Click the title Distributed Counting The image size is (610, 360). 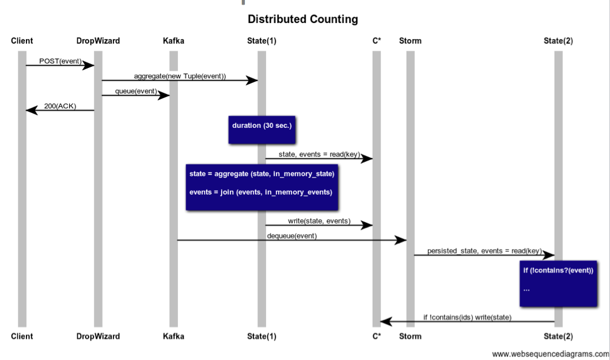(302, 20)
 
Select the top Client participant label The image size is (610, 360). (22, 41)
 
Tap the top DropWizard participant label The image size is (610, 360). (98, 41)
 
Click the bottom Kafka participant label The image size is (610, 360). (173, 336)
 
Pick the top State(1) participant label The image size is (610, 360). (262, 41)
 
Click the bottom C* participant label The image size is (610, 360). (377, 336)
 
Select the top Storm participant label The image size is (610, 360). (410, 41)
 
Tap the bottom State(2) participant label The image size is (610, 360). (558, 336)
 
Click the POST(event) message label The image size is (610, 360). (60, 61)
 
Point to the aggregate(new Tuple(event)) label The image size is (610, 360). (180, 76)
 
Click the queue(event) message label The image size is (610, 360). (136, 91)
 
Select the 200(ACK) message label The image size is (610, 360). (60, 106)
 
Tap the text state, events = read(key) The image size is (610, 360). (319, 154)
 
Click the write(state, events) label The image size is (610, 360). (319, 221)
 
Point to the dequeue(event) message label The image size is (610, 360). (291, 236)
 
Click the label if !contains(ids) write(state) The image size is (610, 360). (467, 317)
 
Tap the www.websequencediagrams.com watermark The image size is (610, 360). (550, 354)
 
